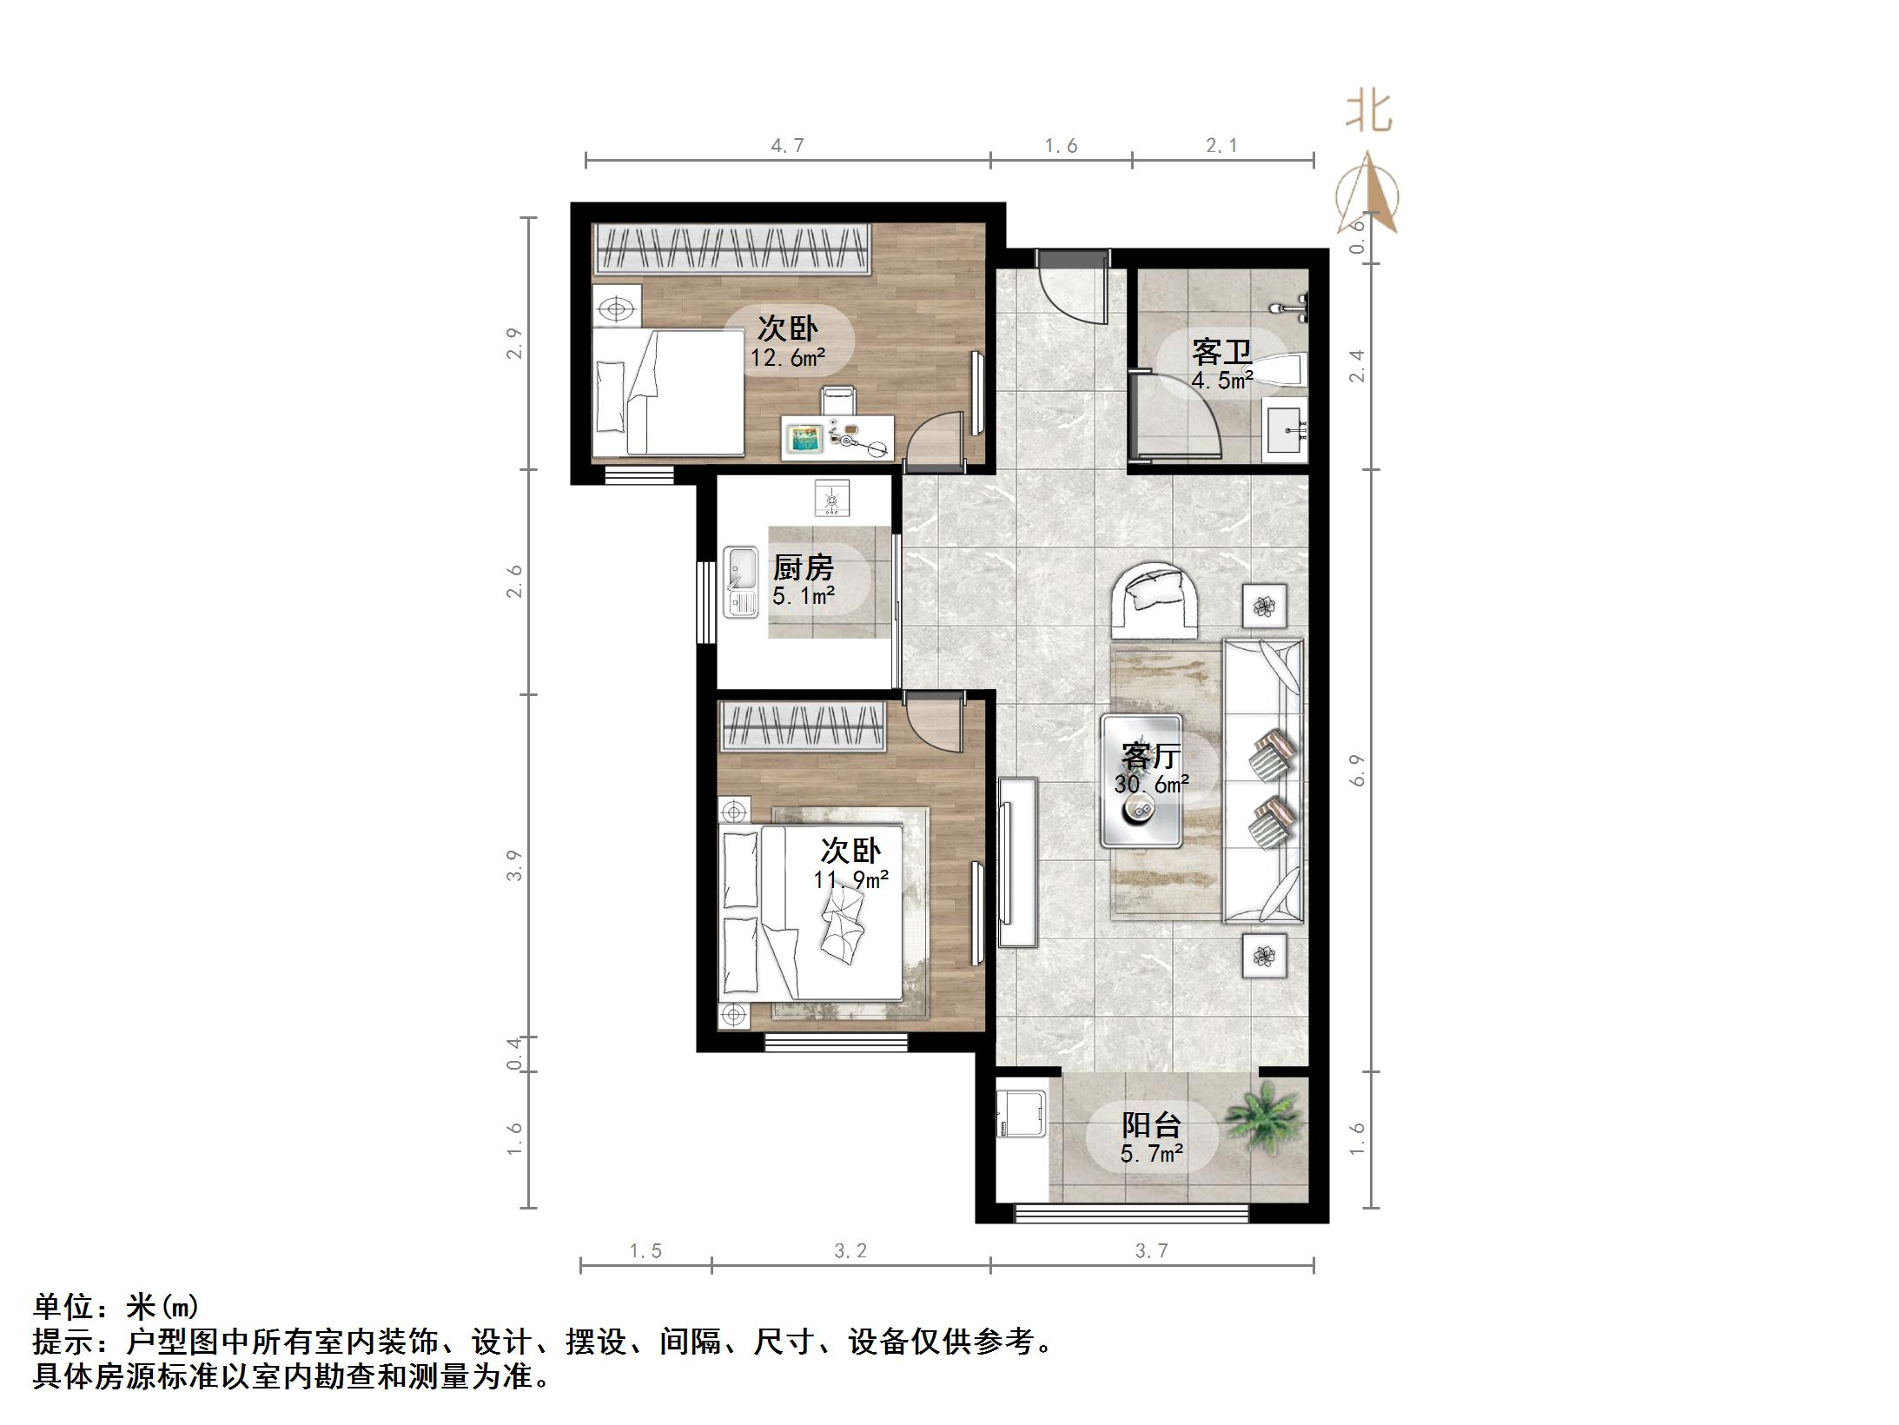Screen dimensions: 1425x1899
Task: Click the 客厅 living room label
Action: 1150,756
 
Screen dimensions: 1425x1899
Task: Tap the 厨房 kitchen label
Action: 803,568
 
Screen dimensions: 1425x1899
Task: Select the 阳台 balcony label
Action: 1151,1125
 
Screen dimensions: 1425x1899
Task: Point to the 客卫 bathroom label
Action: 1221,352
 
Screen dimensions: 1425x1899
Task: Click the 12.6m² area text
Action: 788,357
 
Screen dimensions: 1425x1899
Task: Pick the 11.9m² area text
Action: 850,879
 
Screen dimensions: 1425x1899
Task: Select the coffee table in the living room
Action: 1141,780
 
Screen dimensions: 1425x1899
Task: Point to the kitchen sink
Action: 740,581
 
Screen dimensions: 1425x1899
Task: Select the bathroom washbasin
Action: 1285,429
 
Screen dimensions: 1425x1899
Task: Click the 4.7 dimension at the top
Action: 787,146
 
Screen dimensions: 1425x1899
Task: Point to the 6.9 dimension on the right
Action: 1357,770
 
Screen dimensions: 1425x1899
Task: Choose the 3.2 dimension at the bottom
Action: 850,1250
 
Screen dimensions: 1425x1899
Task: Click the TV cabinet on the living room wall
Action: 1016,862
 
